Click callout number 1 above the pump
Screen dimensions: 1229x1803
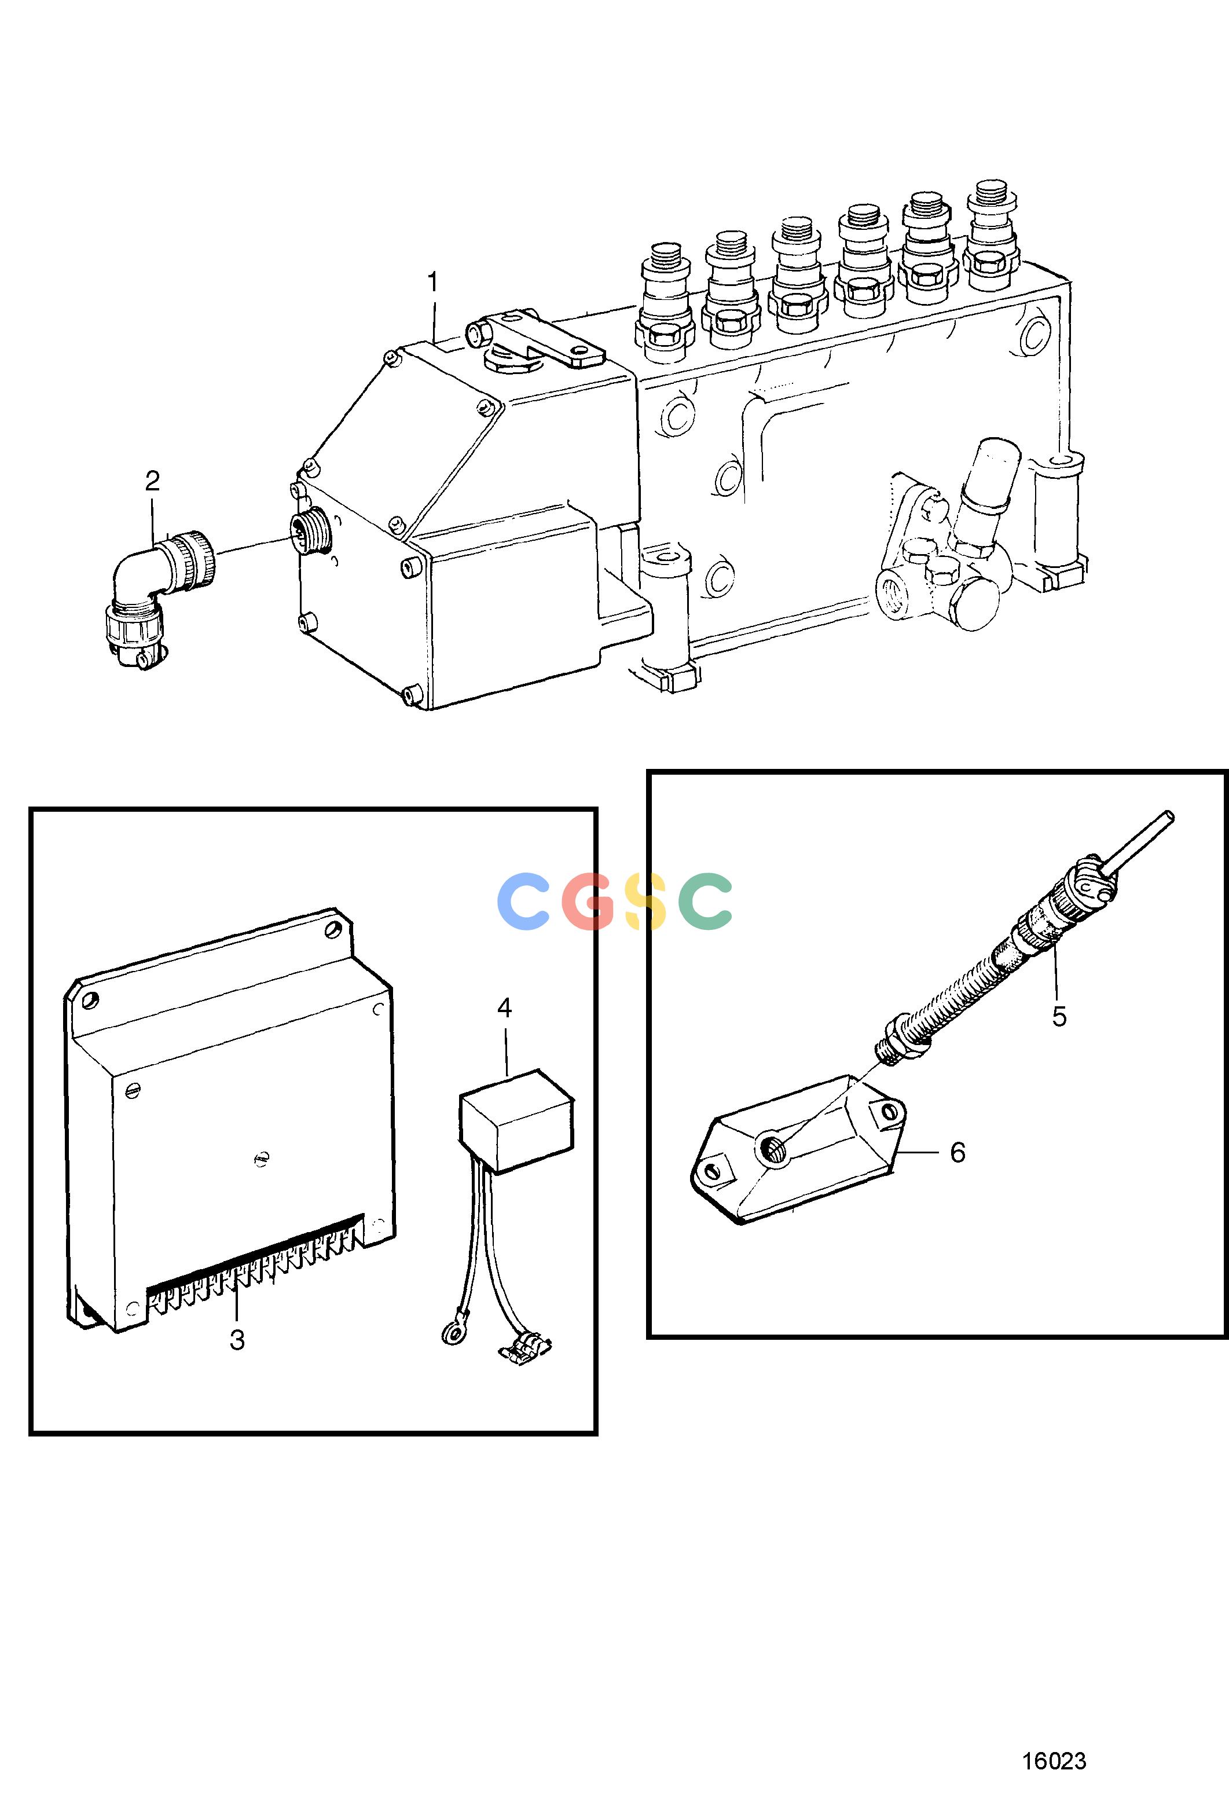[x=433, y=283]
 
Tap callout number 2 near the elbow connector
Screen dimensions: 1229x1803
[x=152, y=481]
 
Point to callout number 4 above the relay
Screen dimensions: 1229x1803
[x=504, y=1009]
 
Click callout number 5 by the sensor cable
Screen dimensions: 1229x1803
[x=1060, y=1016]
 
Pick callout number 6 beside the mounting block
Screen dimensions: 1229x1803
[x=957, y=1153]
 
